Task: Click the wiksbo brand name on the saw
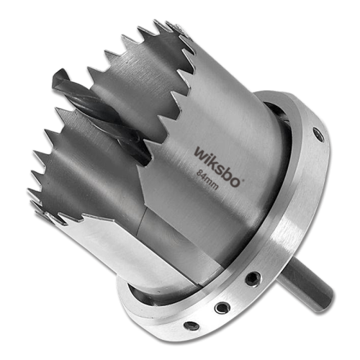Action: click(218, 166)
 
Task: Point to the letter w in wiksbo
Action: click(200, 153)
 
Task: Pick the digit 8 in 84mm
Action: click(199, 172)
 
